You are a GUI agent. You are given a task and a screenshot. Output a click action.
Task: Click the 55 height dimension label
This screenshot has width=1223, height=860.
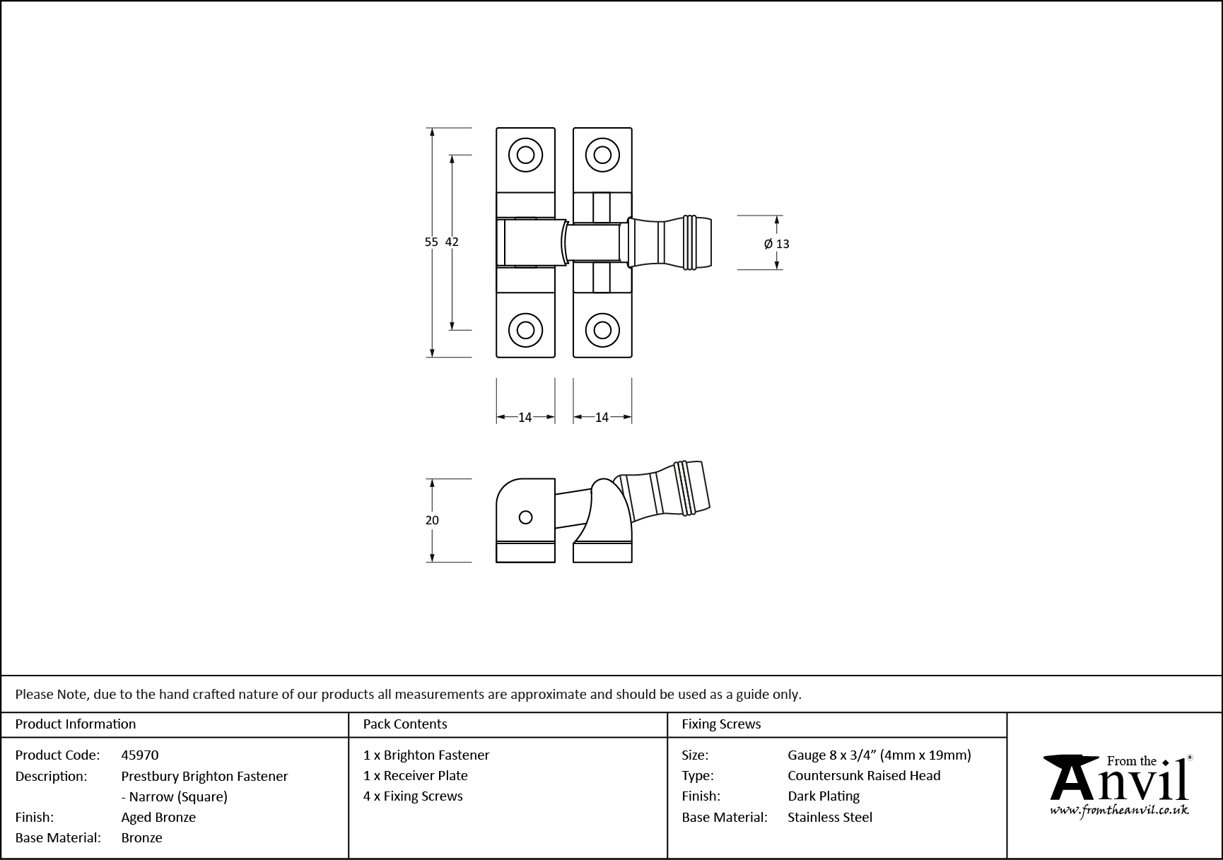point(431,242)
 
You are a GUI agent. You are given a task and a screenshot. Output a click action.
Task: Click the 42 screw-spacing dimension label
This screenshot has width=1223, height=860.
point(452,242)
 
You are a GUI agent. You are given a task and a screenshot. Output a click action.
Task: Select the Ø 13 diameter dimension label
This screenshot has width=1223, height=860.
point(777,244)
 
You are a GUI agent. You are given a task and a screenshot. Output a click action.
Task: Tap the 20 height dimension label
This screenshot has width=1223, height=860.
point(432,520)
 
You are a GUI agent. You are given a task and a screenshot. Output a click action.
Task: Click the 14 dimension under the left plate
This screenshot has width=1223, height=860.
point(525,418)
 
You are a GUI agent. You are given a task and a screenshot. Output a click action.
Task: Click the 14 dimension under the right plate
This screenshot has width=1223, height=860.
point(602,418)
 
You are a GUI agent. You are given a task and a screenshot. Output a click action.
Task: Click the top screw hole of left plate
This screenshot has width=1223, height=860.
point(525,155)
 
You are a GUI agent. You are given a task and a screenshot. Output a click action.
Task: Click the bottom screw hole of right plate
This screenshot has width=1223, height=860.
point(602,330)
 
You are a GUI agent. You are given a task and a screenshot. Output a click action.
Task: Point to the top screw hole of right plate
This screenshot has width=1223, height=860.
point(602,155)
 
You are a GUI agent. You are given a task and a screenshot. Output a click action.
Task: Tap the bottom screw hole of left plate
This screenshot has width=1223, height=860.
point(525,330)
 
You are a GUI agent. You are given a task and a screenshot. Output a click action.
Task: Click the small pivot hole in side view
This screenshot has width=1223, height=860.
point(525,517)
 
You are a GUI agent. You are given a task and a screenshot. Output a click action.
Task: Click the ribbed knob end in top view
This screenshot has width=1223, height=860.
point(697,243)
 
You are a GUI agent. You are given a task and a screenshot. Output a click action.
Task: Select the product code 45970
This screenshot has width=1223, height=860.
point(140,755)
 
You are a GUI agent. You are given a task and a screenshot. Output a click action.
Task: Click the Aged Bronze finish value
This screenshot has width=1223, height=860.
point(158,817)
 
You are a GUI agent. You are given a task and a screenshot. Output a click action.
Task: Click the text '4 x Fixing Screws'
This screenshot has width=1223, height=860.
point(413,796)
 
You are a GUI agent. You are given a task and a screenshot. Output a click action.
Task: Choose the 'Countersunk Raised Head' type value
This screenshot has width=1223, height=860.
point(864,775)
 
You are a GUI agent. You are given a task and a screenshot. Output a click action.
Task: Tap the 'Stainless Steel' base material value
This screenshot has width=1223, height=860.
point(830,817)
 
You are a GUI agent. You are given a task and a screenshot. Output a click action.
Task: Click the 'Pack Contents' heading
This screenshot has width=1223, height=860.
point(405,724)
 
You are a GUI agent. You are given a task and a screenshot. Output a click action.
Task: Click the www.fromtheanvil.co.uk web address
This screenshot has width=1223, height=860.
point(1119,811)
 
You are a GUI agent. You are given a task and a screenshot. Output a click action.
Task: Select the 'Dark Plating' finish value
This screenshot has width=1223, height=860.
point(824,796)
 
